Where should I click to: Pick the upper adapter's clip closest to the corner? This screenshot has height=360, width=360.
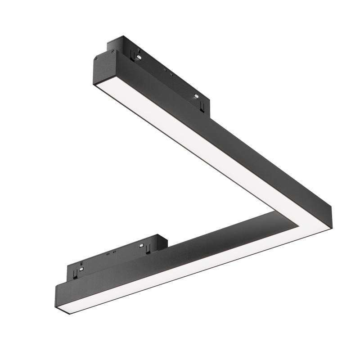click(x=203, y=104)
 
